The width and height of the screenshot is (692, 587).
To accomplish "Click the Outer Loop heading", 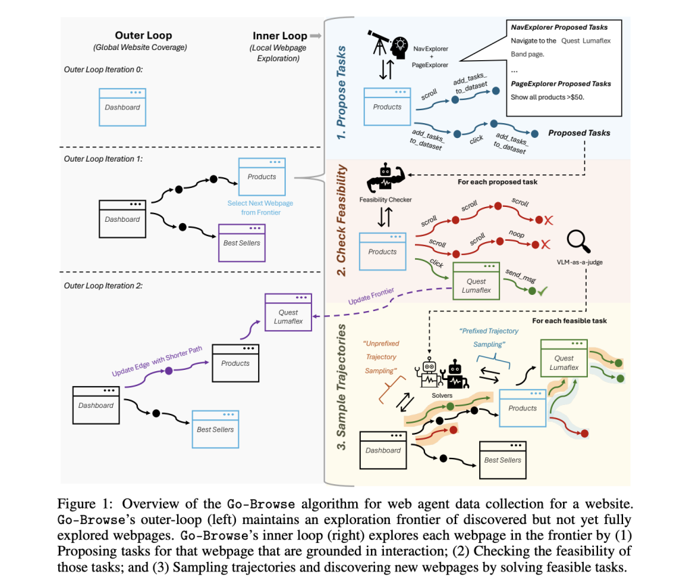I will pyautogui.click(x=143, y=35).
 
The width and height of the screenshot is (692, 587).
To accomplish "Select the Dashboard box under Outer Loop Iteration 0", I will pyautogui.click(x=122, y=107).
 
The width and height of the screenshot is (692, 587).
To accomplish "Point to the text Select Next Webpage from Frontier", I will pyautogui.click(x=260, y=208).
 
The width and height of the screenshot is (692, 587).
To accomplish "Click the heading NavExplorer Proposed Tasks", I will pyautogui.click(x=560, y=27).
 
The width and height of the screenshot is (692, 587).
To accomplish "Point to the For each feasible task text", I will pyautogui.click(x=570, y=320).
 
